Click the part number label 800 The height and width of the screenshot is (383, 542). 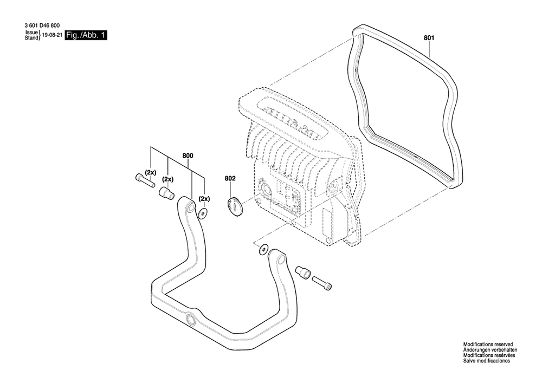click(x=188, y=156)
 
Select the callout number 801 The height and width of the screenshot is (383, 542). click(x=429, y=38)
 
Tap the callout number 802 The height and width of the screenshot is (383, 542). click(x=230, y=179)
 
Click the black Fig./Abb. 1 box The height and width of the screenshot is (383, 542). click(x=86, y=35)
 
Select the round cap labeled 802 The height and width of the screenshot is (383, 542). click(x=235, y=206)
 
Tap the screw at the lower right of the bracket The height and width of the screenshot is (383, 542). click(x=322, y=282)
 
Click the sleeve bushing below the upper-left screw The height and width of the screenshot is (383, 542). click(x=166, y=193)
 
